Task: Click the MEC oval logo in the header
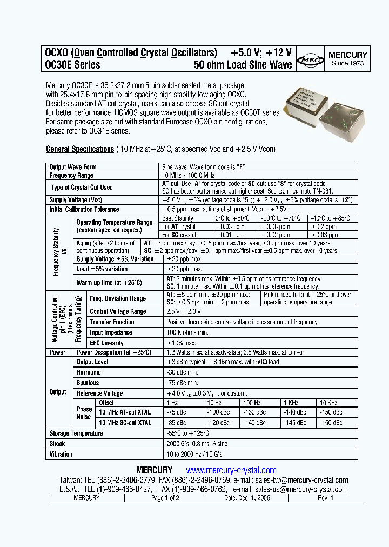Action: [311, 59]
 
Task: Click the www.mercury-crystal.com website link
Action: [231, 470]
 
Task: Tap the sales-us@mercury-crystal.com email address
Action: [301, 489]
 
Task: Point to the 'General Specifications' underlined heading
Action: [79, 149]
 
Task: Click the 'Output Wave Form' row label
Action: [73, 168]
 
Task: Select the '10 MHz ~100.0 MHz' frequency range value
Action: [189, 176]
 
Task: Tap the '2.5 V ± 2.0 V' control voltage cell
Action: [184, 312]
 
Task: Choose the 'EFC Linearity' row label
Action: [106, 343]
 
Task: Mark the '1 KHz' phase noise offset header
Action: [291, 403]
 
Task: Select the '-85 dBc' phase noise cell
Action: [176, 422]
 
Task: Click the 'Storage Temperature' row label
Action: [76, 433]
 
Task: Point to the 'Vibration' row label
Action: [61, 455]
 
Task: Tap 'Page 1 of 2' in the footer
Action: [165, 498]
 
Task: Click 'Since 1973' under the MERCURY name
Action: [347, 63]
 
